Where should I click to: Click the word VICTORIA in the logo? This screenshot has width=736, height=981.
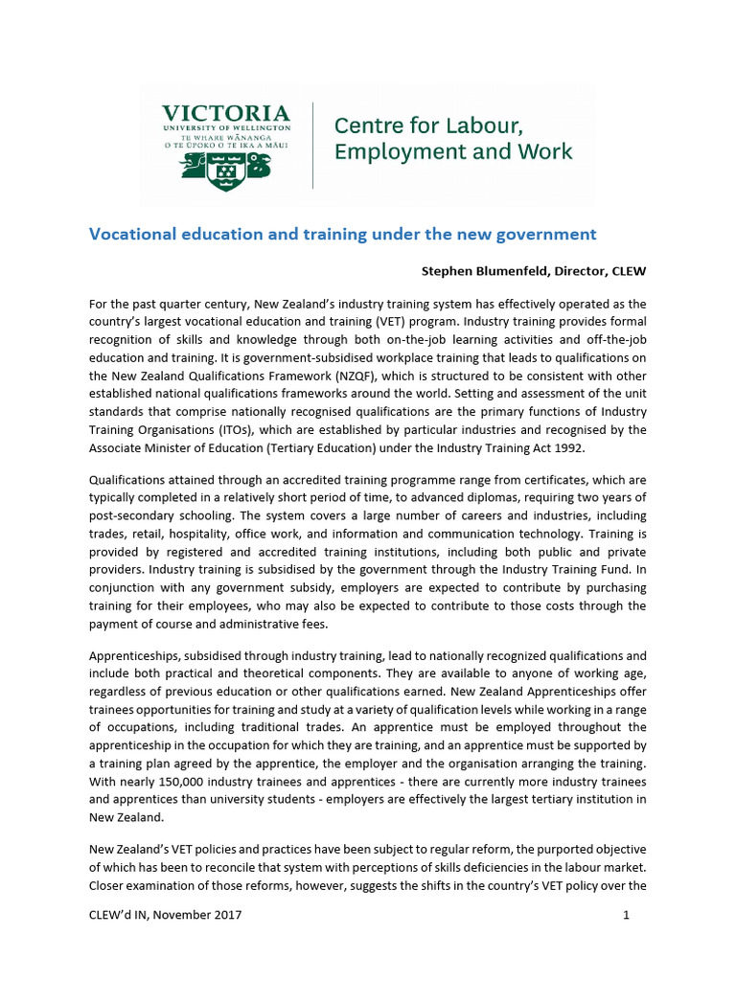tap(225, 113)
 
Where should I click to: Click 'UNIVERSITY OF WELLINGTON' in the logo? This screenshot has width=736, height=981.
tap(225, 128)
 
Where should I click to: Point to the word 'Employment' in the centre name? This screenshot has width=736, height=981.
tap(390, 151)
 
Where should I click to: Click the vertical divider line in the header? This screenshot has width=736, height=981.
tap(313, 145)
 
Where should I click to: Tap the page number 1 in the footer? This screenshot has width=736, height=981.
tap(626, 915)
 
